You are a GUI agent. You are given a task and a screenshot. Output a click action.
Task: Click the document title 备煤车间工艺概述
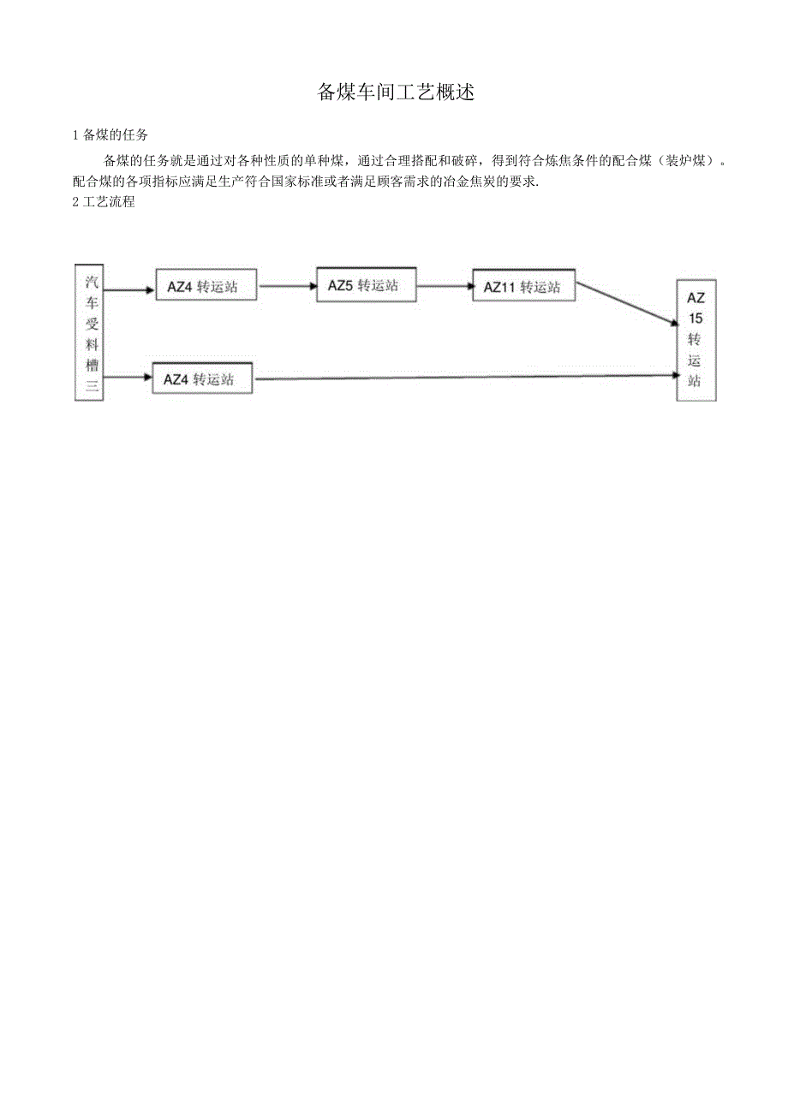coord(396,92)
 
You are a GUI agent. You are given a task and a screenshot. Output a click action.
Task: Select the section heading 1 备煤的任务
coord(111,135)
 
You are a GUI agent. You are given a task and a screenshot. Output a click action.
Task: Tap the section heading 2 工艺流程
coord(104,203)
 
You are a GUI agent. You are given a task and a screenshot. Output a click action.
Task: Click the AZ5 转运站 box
coord(366,285)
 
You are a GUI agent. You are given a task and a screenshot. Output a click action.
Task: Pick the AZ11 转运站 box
coord(523,287)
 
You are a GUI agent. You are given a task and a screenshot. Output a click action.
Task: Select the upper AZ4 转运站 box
coord(206,287)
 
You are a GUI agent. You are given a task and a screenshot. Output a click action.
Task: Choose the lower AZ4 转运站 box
coord(203,378)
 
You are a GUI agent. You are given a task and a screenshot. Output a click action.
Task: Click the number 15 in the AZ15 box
coord(695,319)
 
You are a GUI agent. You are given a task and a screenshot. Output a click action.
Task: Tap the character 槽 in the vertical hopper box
coord(90,366)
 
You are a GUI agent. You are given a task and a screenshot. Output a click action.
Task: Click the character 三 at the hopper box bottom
coord(90,388)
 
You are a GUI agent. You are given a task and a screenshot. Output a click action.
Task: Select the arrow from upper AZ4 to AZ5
coord(287,286)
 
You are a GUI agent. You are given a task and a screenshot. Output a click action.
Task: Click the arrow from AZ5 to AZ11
coord(444,286)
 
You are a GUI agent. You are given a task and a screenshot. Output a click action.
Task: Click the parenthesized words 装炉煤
coord(684,160)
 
